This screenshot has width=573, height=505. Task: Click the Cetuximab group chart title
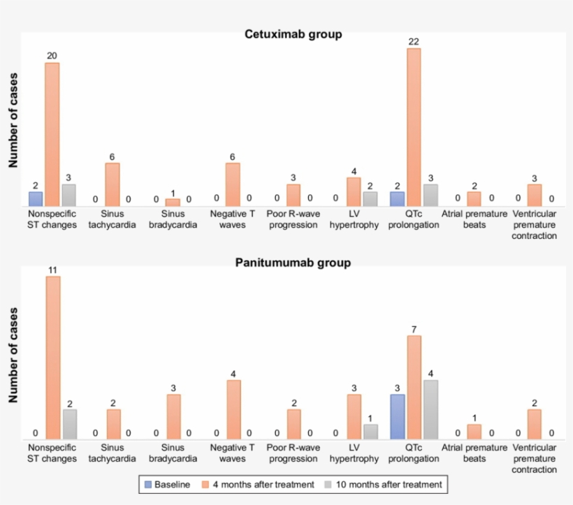tap(293, 34)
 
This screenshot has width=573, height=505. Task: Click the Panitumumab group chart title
tap(293, 263)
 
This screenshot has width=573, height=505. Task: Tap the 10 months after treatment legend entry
tap(377, 484)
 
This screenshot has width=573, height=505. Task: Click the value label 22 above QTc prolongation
tap(414, 42)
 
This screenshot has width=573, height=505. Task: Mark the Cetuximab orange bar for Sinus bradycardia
tap(173, 202)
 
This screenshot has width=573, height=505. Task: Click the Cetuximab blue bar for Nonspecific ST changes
tap(35, 198)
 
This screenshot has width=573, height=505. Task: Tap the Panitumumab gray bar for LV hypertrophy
tap(370, 432)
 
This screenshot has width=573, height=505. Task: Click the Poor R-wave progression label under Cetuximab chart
tap(293, 219)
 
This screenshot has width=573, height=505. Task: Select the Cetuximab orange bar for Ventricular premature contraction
tap(535, 195)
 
